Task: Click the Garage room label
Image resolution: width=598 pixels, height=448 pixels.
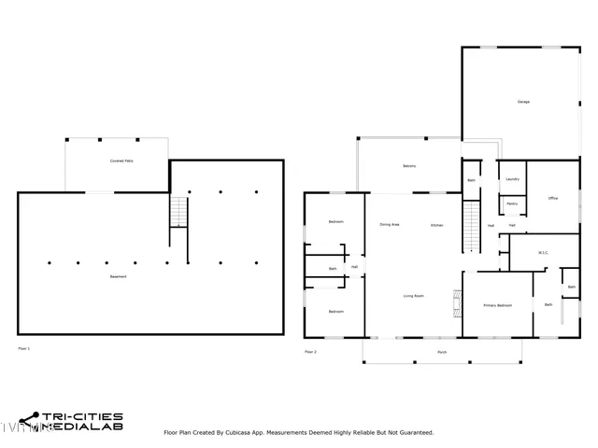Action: [523, 102]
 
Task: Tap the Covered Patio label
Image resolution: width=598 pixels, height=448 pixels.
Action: [118, 161]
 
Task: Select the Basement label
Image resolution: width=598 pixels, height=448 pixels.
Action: [118, 277]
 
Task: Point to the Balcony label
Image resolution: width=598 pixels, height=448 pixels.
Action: [409, 167]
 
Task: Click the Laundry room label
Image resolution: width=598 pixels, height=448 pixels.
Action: [512, 179]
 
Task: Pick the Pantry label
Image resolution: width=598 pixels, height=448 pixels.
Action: [512, 203]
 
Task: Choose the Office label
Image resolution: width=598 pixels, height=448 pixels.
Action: [553, 199]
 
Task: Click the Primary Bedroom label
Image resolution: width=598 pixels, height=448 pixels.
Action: [497, 305]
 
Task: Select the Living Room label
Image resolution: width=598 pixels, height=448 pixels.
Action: [413, 296]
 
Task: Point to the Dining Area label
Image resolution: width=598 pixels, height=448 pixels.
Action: [390, 225]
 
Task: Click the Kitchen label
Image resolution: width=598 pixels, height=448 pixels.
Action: [436, 225]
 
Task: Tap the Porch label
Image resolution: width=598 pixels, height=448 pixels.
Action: [441, 352]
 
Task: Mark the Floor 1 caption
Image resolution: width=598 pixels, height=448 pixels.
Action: [24, 348]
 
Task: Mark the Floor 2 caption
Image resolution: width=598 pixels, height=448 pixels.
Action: [310, 352]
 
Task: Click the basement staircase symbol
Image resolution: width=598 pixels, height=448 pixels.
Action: [179, 214]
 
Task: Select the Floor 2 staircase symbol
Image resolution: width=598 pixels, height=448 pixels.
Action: [472, 226]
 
